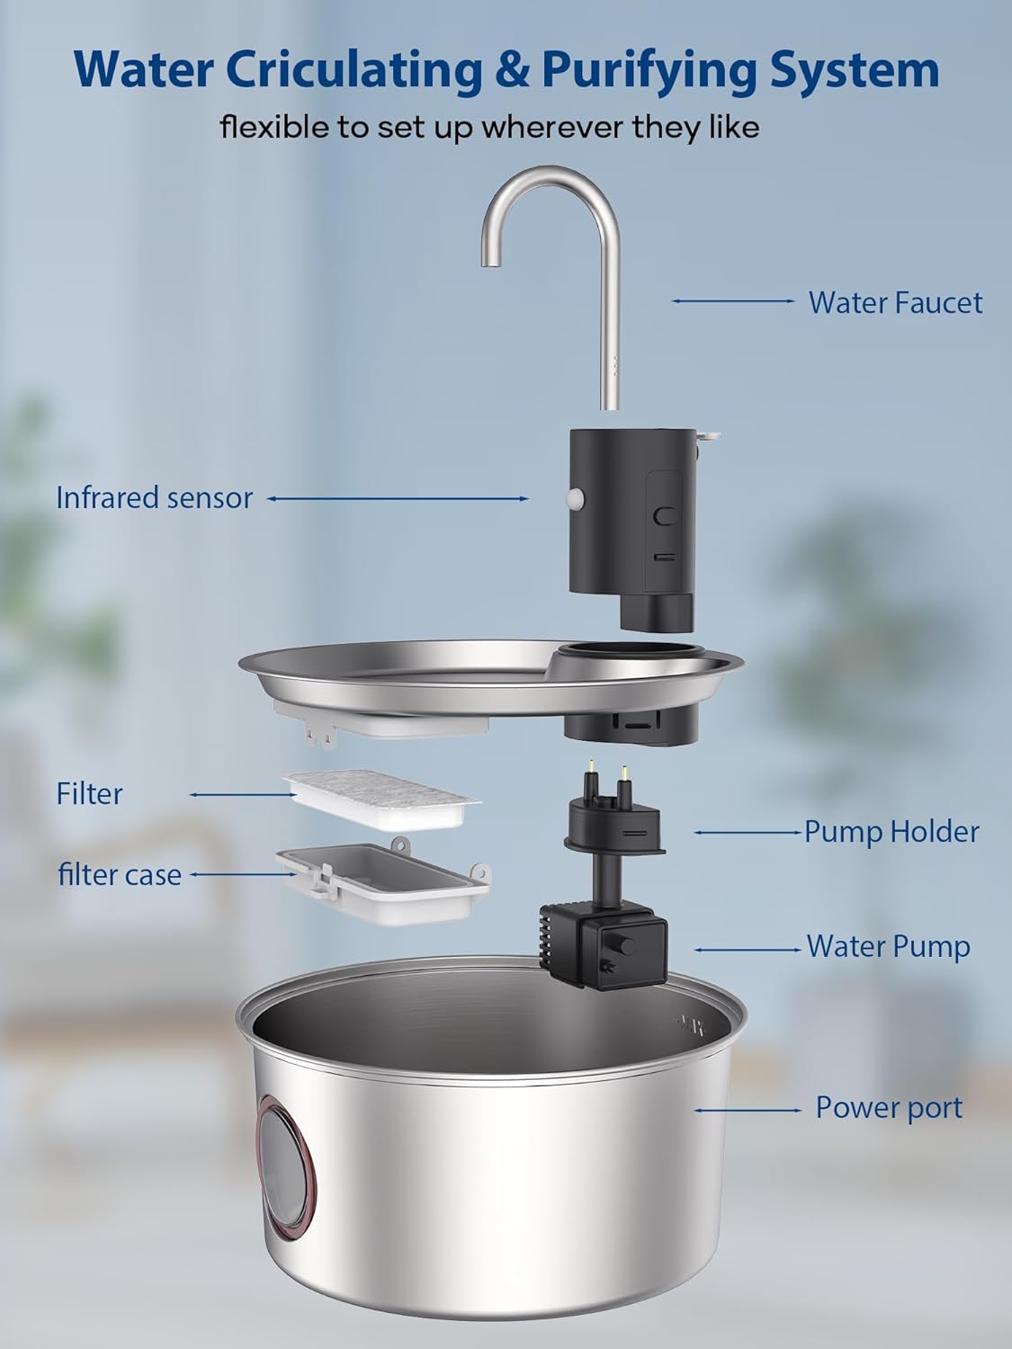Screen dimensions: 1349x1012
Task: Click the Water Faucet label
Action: click(x=894, y=302)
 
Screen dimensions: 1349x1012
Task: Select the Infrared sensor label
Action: click(x=154, y=497)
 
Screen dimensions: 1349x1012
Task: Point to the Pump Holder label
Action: click(x=891, y=832)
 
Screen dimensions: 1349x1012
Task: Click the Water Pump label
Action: click(x=888, y=946)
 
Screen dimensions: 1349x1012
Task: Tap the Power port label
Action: click(x=888, y=1107)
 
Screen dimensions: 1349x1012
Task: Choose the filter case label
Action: click(x=120, y=874)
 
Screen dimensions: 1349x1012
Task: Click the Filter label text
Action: click(x=89, y=793)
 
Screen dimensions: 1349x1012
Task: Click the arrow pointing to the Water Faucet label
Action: click(x=733, y=301)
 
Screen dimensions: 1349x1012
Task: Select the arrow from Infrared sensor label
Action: click(x=398, y=497)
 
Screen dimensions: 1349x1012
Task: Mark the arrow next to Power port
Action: click(x=747, y=1110)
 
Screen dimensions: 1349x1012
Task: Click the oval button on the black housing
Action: click(x=666, y=516)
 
